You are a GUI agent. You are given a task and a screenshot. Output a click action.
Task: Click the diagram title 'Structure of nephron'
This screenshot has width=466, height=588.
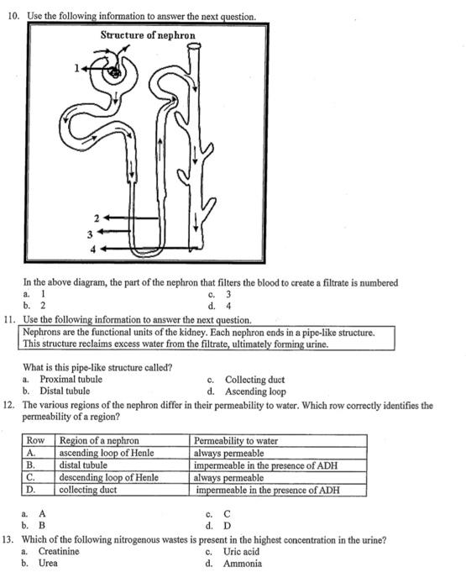pyautogui.click(x=148, y=35)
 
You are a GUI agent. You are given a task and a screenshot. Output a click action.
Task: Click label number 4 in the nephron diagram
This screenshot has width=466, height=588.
pyautogui.click(x=94, y=249)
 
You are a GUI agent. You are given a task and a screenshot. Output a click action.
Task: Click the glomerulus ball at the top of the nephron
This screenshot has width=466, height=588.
pyautogui.click(x=113, y=73)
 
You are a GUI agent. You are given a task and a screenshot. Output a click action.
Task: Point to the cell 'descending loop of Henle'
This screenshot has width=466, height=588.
pyautogui.click(x=108, y=477)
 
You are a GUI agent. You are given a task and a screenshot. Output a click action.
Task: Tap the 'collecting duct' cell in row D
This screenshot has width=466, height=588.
pyautogui.click(x=88, y=489)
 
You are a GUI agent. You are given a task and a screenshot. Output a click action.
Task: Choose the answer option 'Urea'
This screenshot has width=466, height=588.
pyautogui.click(x=48, y=564)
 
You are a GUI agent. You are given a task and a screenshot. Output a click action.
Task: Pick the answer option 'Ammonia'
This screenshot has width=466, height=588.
pyautogui.click(x=242, y=564)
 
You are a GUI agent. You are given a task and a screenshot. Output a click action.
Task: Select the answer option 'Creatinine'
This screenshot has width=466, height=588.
pyautogui.click(x=59, y=552)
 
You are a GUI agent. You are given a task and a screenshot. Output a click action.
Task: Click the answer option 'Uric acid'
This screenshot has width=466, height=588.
pyautogui.click(x=242, y=552)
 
